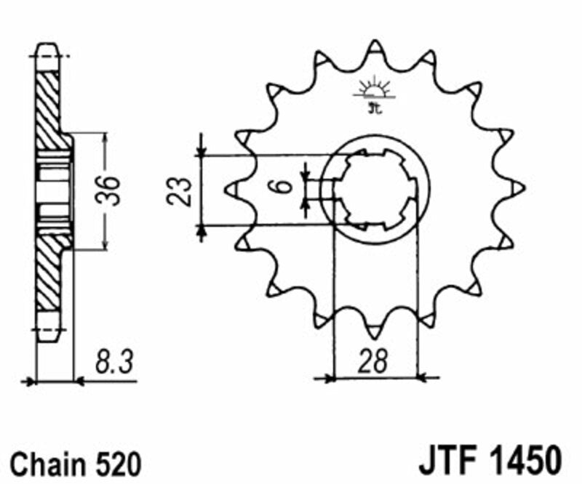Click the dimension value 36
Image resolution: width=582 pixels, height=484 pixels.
coord(111,190)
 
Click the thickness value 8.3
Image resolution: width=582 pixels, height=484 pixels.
coord(113,362)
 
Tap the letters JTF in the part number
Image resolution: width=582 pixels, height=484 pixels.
coord(445,461)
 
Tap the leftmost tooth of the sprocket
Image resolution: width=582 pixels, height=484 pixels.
coord(232,189)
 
